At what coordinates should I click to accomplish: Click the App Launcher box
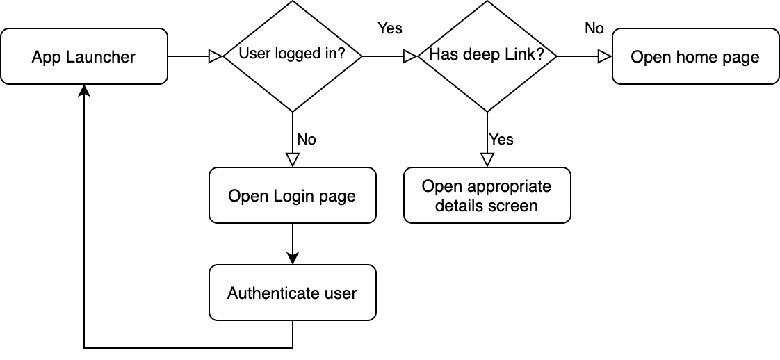click(83, 56)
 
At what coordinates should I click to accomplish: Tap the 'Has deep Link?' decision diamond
click(487, 56)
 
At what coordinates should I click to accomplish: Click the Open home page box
click(695, 56)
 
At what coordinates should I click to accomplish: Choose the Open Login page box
click(292, 195)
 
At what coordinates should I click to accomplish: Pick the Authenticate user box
click(292, 293)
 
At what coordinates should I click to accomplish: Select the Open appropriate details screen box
click(487, 195)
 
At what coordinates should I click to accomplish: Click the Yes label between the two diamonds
click(390, 28)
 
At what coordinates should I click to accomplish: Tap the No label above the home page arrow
click(594, 28)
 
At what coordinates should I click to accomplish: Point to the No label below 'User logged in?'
click(307, 140)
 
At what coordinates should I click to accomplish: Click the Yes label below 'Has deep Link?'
click(501, 140)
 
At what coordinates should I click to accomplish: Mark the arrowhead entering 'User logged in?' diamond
click(216, 56)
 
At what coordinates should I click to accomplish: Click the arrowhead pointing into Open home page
click(605, 56)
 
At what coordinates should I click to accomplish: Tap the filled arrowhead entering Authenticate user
click(292, 258)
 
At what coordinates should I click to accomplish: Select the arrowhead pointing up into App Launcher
click(84, 91)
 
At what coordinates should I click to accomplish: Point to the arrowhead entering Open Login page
click(292, 160)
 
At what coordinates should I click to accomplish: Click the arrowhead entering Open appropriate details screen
click(487, 160)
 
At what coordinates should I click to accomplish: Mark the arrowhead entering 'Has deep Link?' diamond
click(410, 56)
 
